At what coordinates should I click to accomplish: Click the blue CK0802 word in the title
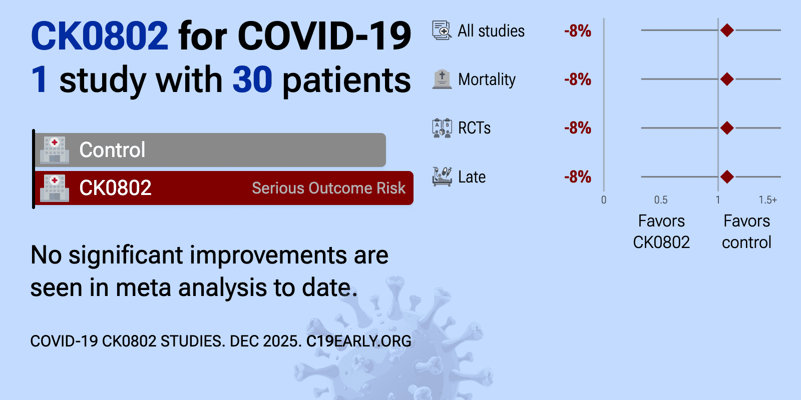pyautogui.click(x=100, y=35)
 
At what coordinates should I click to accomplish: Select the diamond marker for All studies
pyautogui.click(x=727, y=30)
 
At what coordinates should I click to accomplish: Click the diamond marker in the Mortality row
pyautogui.click(x=727, y=79)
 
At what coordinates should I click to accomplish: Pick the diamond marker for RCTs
pyautogui.click(x=727, y=128)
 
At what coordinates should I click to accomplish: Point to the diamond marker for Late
pyautogui.click(x=727, y=176)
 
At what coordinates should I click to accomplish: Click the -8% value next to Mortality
pyautogui.click(x=578, y=79)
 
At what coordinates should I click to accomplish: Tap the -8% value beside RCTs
pyautogui.click(x=578, y=128)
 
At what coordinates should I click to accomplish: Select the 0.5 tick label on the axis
pyautogui.click(x=661, y=199)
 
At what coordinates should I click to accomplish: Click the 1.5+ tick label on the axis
pyautogui.click(x=768, y=199)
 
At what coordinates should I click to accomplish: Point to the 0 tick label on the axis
pyautogui.click(x=604, y=199)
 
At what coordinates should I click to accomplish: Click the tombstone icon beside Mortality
pyautogui.click(x=442, y=79)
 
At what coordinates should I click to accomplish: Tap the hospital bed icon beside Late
pyautogui.click(x=442, y=176)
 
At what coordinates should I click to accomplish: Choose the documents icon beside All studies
pyautogui.click(x=442, y=30)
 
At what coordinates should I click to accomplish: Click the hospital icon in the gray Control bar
pyautogui.click(x=55, y=150)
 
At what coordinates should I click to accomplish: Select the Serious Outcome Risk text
pyautogui.click(x=328, y=188)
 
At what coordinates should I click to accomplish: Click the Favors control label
pyautogui.click(x=746, y=231)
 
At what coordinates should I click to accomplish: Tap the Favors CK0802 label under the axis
pyautogui.click(x=661, y=231)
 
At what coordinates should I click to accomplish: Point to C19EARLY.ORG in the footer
pyautogui.click(x=358, y=341)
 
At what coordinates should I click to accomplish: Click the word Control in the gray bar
pyautogui.click(x=112, y=149)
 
